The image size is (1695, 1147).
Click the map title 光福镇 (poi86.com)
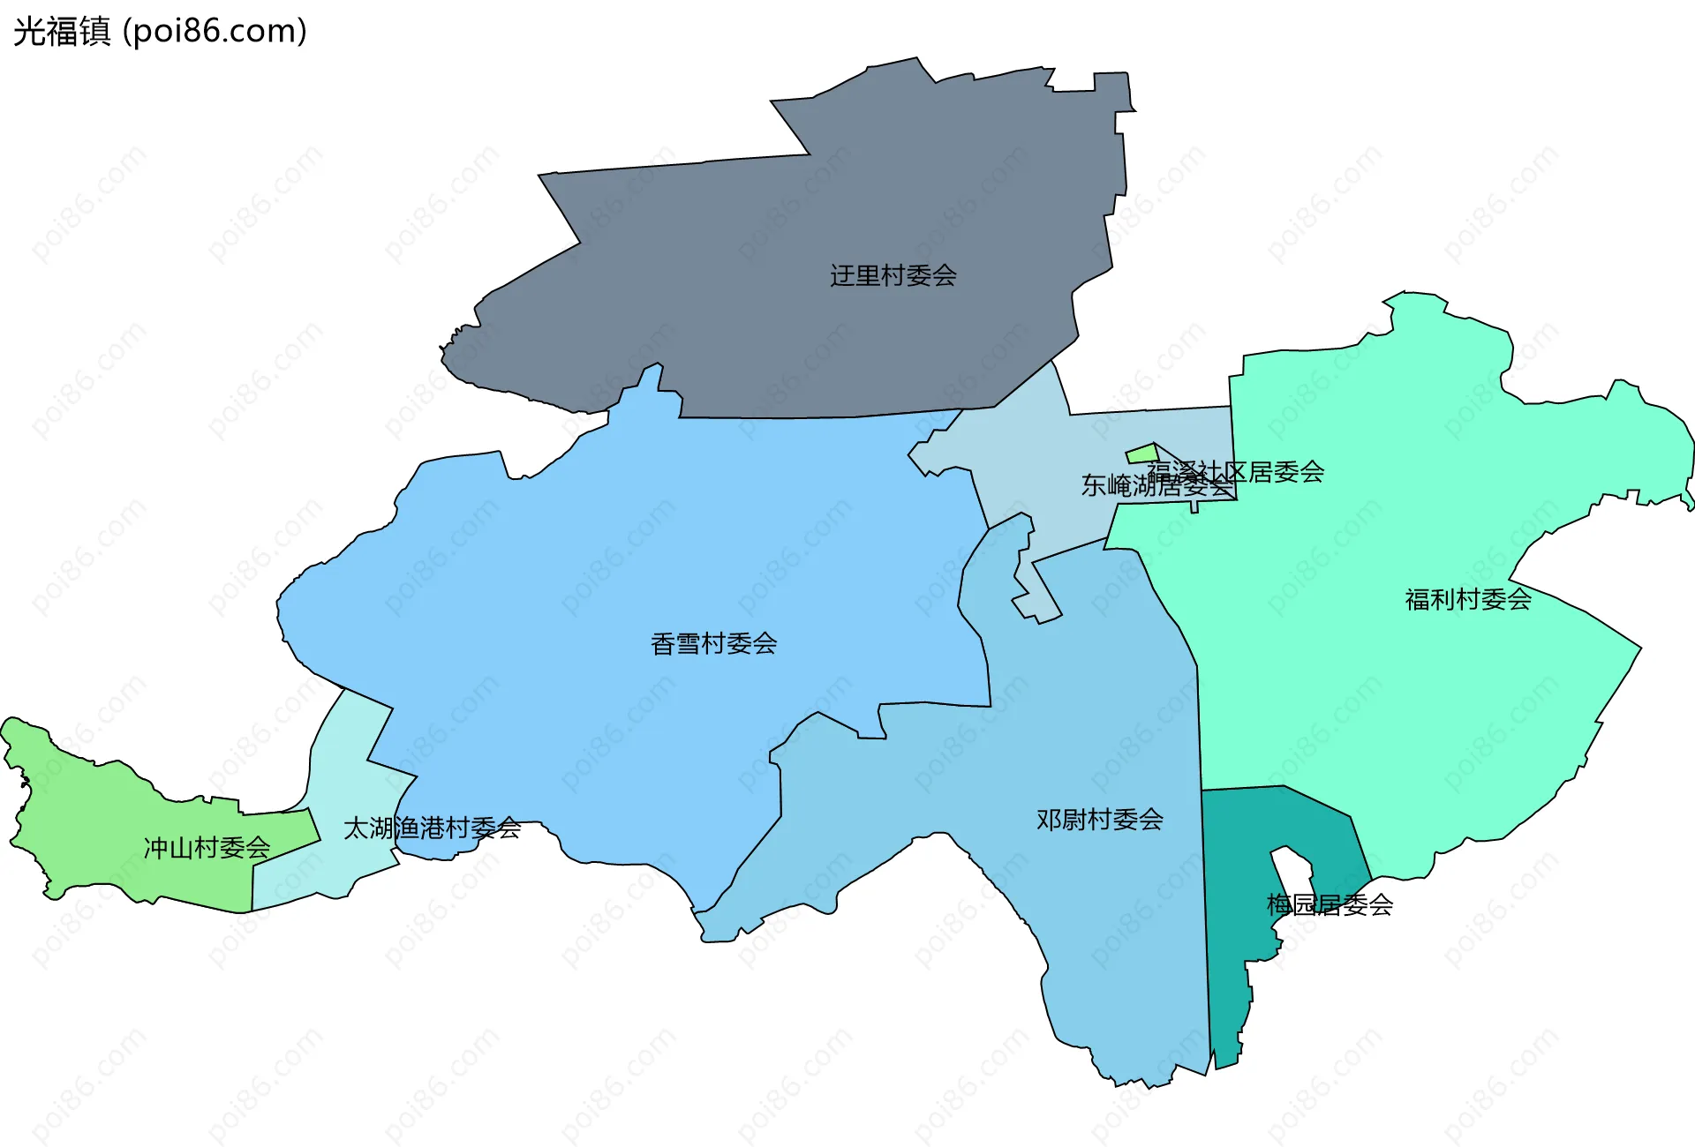(x=160, y=32)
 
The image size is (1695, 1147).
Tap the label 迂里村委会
(x=893, y=276)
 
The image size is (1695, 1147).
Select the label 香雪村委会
(x=713, y=644)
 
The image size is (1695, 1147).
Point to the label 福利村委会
(x=1467, y=600)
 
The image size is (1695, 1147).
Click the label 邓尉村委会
(x=1099, y=820)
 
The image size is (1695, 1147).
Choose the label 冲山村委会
(x=207, y=848)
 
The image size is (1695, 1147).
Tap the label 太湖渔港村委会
(x=432, y=828)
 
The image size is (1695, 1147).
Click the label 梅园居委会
(x=1330, y=904)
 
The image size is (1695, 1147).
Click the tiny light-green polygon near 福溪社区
(x=1141, y=454)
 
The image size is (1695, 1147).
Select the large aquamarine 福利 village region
(x=1412, y=706)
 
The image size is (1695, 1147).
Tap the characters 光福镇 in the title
(x=62, y=32)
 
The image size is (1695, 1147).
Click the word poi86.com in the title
(x=215, y=32)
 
